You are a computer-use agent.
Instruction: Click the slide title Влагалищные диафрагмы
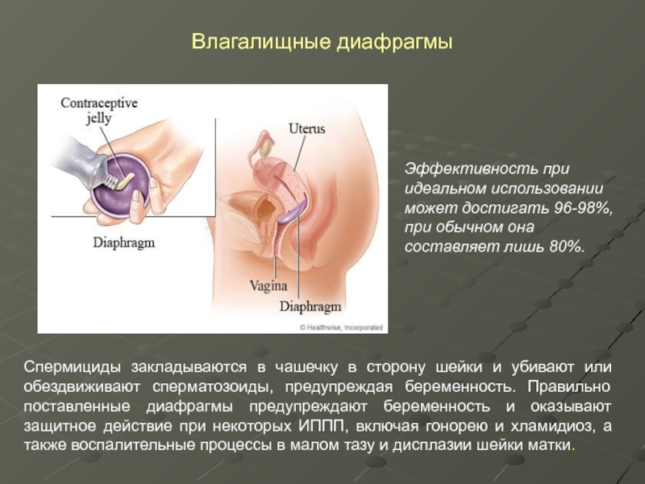pyautogui.click(x=322, y=43)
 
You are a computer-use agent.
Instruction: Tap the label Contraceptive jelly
pyautogui.click(x=98, y=110)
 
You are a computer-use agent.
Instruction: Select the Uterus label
pyautogui.click(x=307, y=128)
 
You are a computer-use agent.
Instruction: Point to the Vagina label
pyautogui.click(x=268, y=286)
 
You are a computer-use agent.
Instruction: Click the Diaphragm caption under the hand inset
pyautogui.click(x=124, y=243)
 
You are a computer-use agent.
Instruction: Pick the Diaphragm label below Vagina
pyautogui.click(x=310, y=307)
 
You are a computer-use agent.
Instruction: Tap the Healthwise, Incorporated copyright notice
pyautogui.click(x=341, y=328)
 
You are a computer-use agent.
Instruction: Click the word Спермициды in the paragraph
pyautogui.click(x=72, y=368)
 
